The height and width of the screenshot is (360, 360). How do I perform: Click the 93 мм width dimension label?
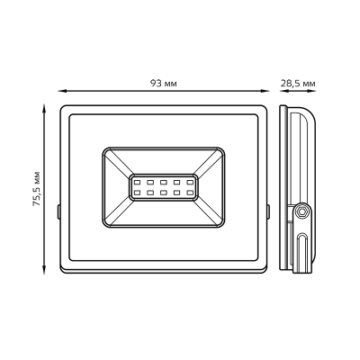pos(164,83)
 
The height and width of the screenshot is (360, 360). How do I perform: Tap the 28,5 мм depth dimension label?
pos(298,83)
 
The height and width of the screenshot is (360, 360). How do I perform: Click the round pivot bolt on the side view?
pos(301,211)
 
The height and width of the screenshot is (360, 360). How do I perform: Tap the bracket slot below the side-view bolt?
pos(302,247)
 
